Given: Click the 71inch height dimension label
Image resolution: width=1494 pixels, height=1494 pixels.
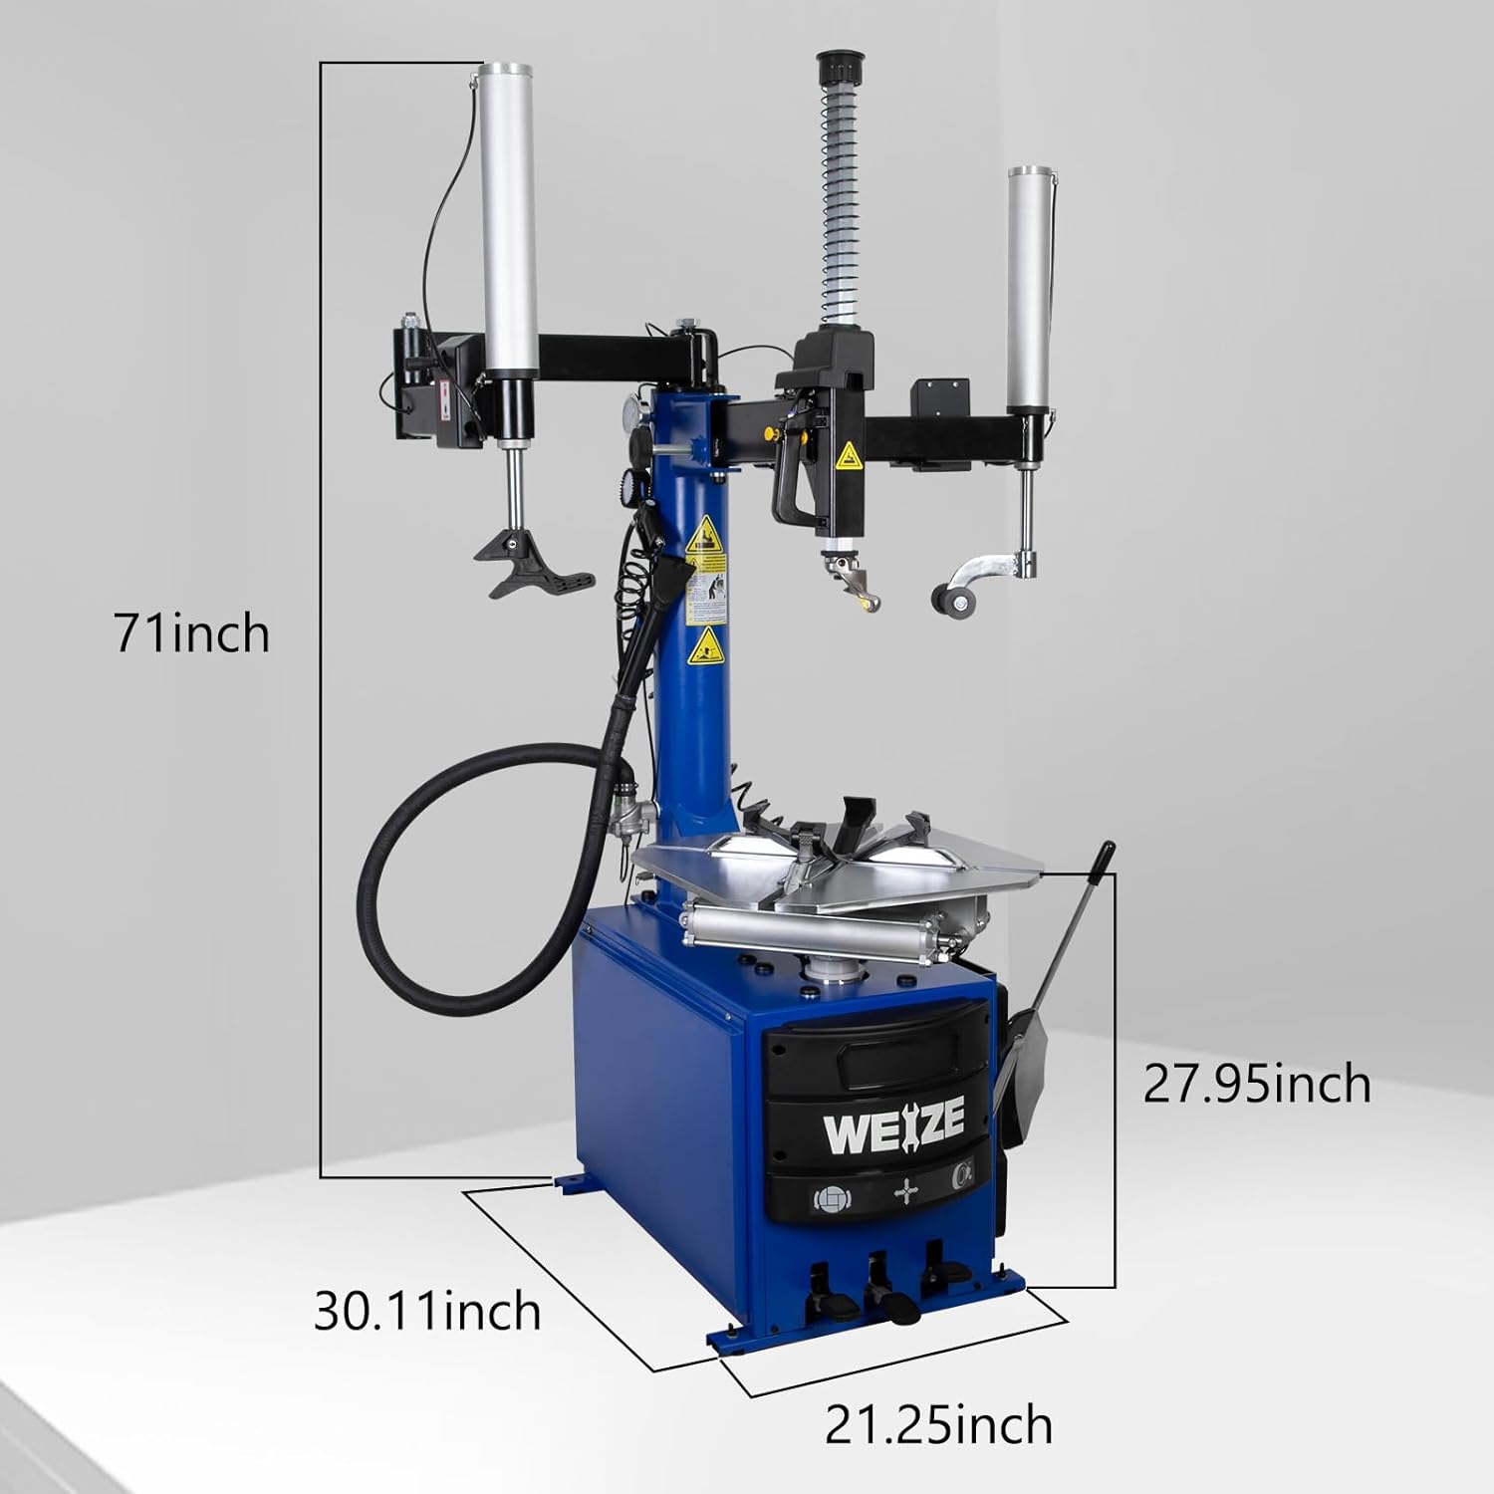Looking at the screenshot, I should (191, 633).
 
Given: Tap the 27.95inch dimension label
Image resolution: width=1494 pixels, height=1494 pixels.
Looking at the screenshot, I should (1256, 1084).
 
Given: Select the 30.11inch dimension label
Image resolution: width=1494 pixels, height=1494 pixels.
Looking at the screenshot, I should (427, 1311).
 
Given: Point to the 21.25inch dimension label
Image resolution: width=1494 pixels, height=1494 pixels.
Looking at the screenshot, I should (937, 1425).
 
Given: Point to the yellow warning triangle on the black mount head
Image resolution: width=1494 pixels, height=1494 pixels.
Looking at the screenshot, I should (850, 457).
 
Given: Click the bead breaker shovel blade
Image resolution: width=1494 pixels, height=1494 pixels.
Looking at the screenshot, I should (1032, 1046).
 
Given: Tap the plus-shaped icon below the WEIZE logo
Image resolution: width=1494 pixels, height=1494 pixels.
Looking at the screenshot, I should (904, 1191).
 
